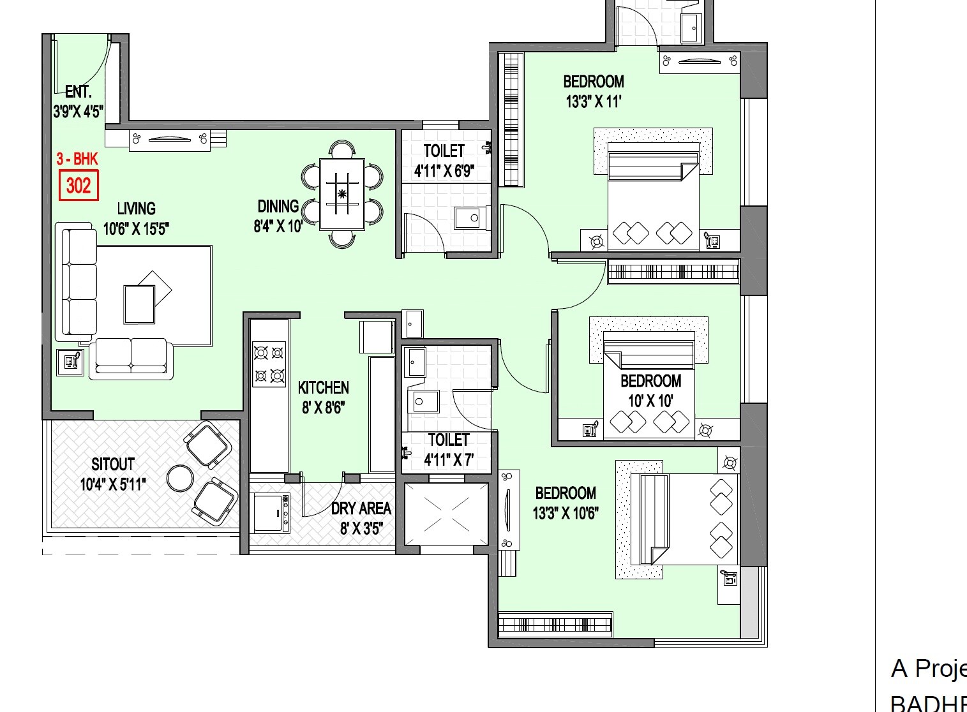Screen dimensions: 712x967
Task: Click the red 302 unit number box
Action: [79, 186]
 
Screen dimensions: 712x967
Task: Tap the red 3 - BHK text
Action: [77, 159]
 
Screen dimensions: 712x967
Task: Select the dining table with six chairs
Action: [342, 194]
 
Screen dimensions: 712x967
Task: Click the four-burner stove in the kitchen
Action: [269, 364]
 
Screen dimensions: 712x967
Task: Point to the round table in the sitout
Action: [180, 478]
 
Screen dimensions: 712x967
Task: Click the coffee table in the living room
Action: [140, 304]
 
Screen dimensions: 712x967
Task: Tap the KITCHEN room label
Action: [324, 388]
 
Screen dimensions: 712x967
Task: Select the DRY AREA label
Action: [361, 508]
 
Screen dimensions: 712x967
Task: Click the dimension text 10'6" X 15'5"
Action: [136, 228]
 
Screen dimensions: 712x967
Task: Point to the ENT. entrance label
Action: [79, 92]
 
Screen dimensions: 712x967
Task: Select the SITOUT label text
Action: [113, 464]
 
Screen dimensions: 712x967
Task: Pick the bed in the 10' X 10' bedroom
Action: [648, 389]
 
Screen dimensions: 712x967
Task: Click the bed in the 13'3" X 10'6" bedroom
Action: [683, 519]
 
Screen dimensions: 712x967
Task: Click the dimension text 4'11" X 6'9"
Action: [444, 171]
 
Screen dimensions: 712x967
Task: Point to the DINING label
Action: [278, 207]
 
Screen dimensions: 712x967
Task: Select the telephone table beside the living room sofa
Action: [70, 362]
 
